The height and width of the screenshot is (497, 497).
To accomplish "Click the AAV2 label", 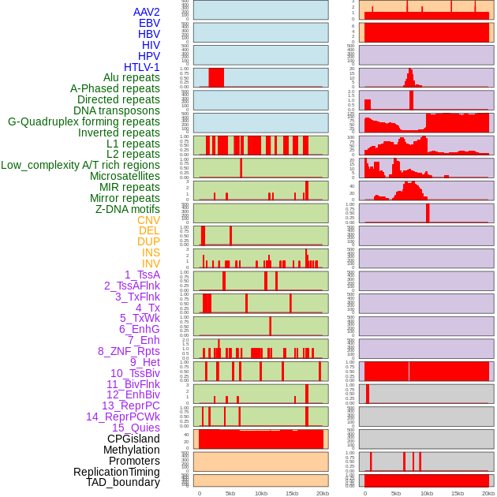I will click(x=147, y=12).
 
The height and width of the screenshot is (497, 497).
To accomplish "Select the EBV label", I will click(x=149, y=23).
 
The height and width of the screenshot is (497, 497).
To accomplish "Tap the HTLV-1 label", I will click(x=142, y=67).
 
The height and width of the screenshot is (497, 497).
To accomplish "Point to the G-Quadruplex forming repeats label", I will click(x=84, y=121).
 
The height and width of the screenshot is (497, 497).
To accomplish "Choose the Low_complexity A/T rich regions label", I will click(x=80, y=165).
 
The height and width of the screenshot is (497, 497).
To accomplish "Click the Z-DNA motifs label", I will click(x=128, y=209).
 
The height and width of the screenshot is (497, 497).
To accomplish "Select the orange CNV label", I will click(x=148, y=220).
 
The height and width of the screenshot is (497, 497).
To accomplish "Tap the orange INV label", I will click(x=151, y=263).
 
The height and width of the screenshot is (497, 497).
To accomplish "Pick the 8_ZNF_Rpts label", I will click(x=129, y=351).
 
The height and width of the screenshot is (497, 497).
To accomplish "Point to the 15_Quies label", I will click(x=136, y=428).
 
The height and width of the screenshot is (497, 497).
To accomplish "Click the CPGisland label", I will click(x=133, y=439).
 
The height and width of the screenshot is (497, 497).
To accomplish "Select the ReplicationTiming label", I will click(x=116, y=472).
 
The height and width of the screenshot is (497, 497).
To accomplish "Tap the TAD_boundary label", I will click(x=123, y=482).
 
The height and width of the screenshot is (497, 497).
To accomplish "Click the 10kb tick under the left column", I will click(x=261, y=493).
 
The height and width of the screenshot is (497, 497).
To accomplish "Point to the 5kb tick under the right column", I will click(x=395, y=493).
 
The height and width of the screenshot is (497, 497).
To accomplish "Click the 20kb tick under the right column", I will click(x=488, y=493).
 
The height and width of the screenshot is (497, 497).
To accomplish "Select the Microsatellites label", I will click(x=125, y=176).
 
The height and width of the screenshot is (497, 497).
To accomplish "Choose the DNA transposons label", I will click(x=117, y=110).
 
